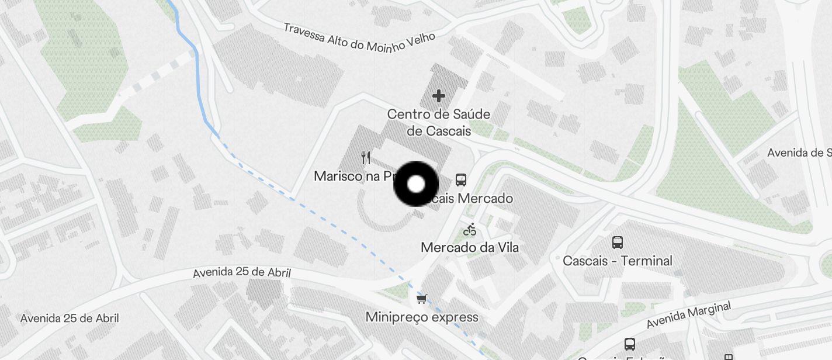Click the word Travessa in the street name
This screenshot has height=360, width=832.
click(x=304, y=33)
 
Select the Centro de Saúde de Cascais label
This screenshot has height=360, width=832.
click(x=439, y=122)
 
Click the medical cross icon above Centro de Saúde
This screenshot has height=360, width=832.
click(x=439, y=95)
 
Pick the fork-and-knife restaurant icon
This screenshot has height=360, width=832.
click(x=366, y=157)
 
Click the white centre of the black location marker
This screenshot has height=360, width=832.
click(x=416, y=184)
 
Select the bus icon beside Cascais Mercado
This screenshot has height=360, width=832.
click(x=461, y=179)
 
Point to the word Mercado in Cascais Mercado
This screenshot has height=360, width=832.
click(x=486, y=199)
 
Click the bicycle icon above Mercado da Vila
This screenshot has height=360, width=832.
click(x=470, y=230)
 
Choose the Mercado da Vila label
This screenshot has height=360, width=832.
click(x=470, y=247)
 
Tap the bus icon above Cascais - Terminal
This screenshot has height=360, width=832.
click(x=617, y=242)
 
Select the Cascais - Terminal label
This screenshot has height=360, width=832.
click(x=617, y=261)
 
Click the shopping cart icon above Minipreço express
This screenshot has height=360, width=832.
click(x=421, y=299)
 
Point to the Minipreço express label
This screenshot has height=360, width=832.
click(x=421, y=317)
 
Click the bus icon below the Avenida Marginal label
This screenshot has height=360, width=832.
click(x=629, y=344)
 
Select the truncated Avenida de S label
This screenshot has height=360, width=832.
click(x=799, y=153)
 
